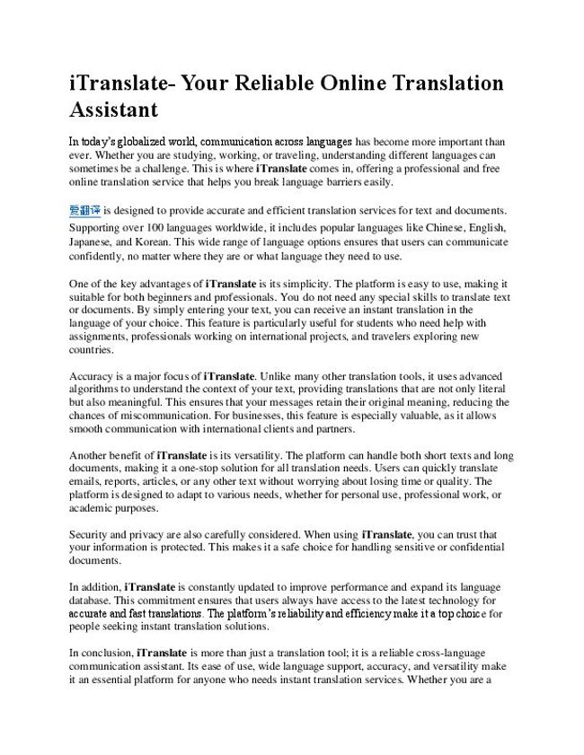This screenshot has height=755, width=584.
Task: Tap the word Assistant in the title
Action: click(x=113, y=110)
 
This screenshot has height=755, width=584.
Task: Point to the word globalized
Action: click(x=164, y=141)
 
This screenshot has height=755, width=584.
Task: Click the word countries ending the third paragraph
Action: click(x=92, y=351)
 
